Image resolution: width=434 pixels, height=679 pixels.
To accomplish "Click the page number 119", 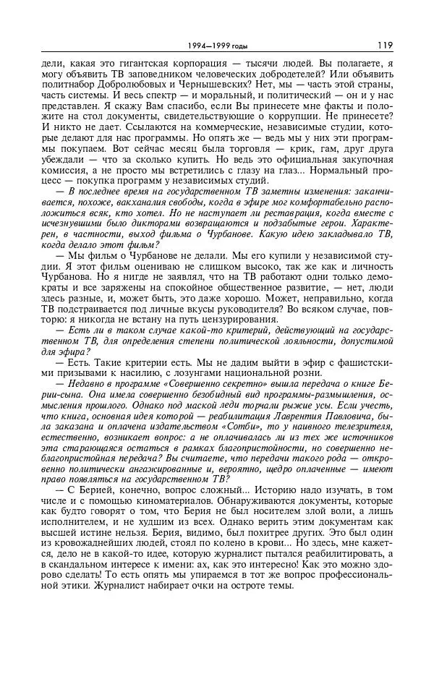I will tap(384, 46).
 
